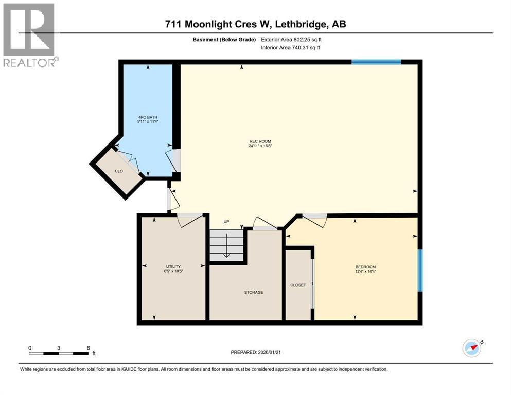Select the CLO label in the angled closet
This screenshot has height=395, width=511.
click(x=119, y=171)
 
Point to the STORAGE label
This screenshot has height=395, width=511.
click(x=254, y=292)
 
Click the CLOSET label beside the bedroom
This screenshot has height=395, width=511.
click(x=298, y=285)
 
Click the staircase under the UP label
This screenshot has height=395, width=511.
click(x=226, y=245)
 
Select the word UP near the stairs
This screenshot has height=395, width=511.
click(x=226, y=222)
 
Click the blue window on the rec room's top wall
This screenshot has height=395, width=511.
click(x=376, y=62)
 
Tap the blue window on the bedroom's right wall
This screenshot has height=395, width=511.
click(x=420, y=270)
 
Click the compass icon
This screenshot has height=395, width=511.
click(x=472, y=348)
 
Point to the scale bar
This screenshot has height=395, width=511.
click(x=58, y=353)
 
